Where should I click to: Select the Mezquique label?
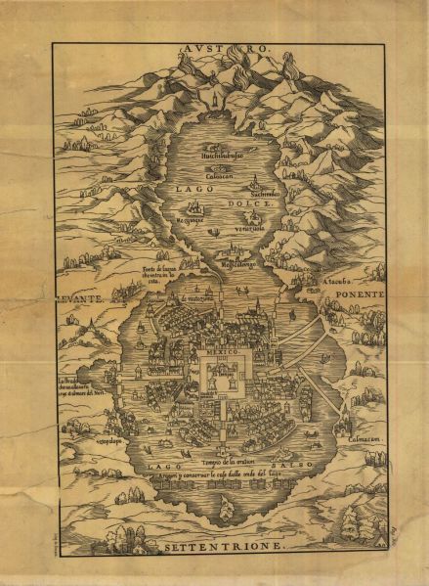coord(196,222)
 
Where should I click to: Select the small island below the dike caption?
coord(227,507)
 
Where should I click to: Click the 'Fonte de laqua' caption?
coord(164,272)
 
